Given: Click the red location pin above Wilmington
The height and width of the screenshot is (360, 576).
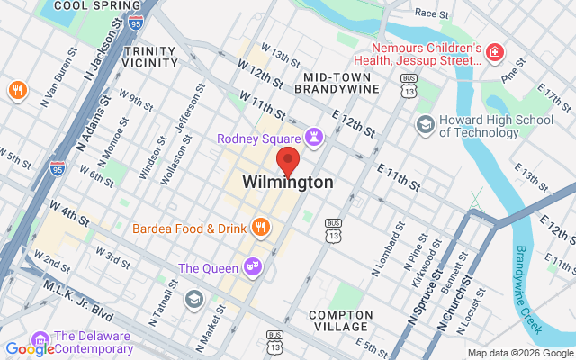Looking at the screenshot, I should [288, 163].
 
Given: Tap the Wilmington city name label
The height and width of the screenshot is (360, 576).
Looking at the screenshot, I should [288, 183].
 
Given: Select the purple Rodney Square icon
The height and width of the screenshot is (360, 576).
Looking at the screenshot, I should [313, 138].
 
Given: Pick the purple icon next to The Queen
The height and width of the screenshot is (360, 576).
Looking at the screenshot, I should [253, 267].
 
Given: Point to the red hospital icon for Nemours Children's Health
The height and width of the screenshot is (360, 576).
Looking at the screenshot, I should [493, 55].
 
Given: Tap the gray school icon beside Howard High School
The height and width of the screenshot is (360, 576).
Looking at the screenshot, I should [425, 124].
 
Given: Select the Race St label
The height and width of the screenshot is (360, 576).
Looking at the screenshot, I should [432, 13].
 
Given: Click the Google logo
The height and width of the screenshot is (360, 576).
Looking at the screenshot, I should [30, 349].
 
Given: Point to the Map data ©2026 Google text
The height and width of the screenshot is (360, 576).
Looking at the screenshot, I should [518, 353].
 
